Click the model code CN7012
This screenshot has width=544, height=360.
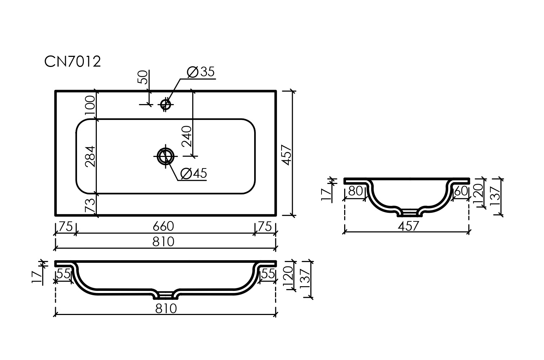pyautogui.click(x=72, y=62)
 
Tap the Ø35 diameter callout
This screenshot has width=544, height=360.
pyautogui.click(x=201, y=72)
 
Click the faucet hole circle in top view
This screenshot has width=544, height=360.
pyautogui.click(x=166, y=104)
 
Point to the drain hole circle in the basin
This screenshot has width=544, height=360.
pyautogui.click(x=166, y=156)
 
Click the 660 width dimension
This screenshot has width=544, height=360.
pyautogui.click(x=163, y=226)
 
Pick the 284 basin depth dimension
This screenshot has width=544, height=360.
pyautogui.click(x=90, y=157)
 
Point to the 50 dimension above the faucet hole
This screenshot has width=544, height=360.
pyautogui.click(x=143, y=77)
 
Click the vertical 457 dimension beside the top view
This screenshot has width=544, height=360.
pyautogui.click(x=286, y=155)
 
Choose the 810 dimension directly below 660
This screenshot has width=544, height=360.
pyautogui.click(x=163, y=241)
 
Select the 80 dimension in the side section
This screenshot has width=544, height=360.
pyautogui.click(x=355, y=191)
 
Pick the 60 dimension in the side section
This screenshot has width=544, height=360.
pyautogui.click(x=461, y=191)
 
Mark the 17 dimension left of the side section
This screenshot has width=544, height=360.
pyautogui.click(x=326, y=194)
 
